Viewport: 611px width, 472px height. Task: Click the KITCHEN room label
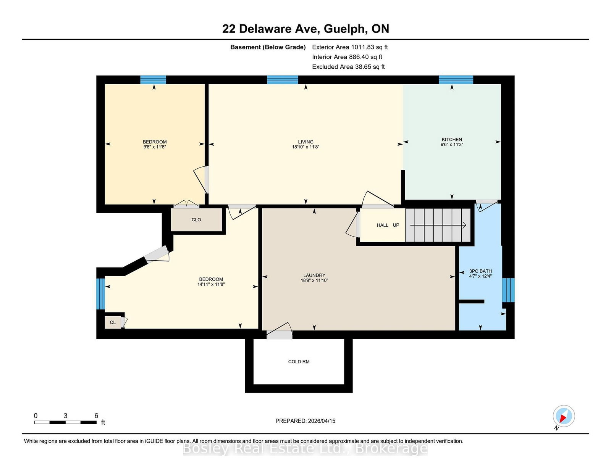coord(452,140)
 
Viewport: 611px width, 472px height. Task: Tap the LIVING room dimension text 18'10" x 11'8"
coord(305,147)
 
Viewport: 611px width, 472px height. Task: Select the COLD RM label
coord(299,362)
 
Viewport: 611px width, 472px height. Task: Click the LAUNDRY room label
coord(314,275)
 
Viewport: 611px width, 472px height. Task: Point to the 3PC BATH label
coord(480,271)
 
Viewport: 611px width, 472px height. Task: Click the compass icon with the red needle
coord(564,416)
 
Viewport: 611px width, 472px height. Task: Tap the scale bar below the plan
coord(65,422)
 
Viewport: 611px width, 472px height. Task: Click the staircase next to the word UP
coord(438,225)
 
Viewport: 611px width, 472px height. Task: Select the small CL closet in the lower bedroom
coord(113,322)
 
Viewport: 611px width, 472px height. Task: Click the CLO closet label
coord(196,220)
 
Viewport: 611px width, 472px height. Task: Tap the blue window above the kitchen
coord(456,80)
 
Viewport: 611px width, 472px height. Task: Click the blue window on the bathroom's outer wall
coord(508,290)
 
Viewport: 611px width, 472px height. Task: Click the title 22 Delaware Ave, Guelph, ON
coord(305,29)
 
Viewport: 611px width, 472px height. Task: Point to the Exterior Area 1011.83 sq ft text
coord(350,47)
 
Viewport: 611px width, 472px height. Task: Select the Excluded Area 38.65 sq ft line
coord(348,67)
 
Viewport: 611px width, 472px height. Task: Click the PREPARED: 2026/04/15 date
coord(305,421)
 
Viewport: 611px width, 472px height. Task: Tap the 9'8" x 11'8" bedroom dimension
coord(154,147)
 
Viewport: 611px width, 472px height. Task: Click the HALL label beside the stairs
coord(382,225)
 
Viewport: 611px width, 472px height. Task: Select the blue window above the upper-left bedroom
coord(153,80)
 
